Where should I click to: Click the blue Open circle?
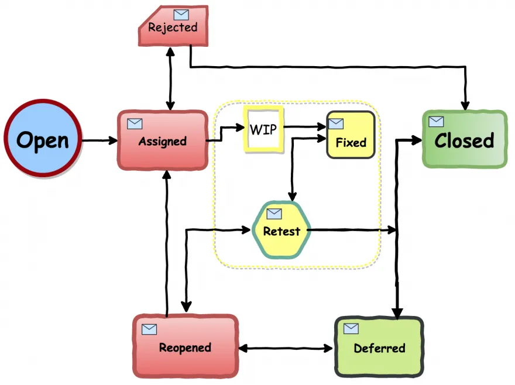(42, 140)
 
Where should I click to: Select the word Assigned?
(163, 142)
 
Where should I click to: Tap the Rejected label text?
(173, 27)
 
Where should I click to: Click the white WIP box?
(263, 129)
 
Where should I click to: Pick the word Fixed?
(351, 142)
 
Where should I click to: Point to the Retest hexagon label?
(281, 231)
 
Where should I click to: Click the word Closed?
(464, 140)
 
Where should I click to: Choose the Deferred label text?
(379, 348)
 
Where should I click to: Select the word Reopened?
(185, 348)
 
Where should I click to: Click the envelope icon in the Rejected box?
(181, 15)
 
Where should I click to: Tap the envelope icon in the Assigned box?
(135, 123)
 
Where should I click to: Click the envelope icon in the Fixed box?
(336, 123)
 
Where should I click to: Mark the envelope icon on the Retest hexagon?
(274, 214)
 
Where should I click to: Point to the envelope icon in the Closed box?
(436, 121)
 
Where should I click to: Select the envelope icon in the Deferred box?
(351, 328)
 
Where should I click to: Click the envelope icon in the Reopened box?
(149, 329)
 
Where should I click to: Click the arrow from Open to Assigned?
(99, 140)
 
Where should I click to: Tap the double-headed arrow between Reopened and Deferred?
(287, 349)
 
